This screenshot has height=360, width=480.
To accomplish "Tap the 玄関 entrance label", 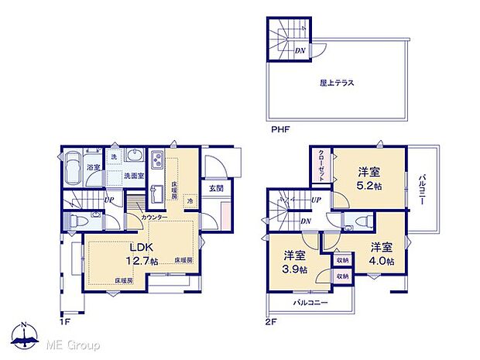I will (216, 188).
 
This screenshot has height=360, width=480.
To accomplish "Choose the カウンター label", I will (155, 218).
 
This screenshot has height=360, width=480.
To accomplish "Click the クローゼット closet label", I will (321, 164).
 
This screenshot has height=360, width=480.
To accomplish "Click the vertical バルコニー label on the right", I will (423, 189).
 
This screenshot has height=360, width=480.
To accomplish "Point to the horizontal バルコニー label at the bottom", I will (310, 302).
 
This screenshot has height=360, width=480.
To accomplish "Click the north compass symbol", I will (25, 336).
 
